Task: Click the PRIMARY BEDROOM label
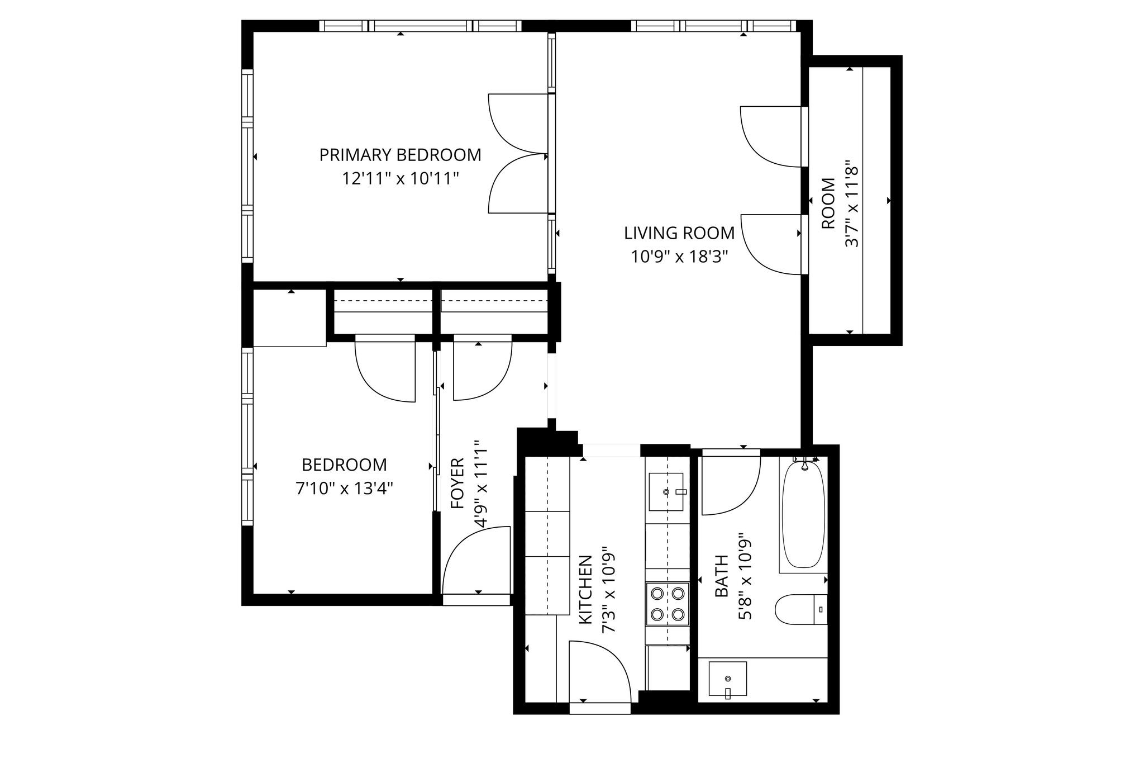(400, 155)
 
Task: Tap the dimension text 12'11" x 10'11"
(400, 179)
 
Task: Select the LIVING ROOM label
(679, 233)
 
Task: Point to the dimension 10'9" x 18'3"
(679, 257)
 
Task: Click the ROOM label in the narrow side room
(828, 203)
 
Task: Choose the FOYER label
(457, 483)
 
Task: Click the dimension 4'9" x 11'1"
(481, 483)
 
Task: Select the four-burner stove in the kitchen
(668, 604)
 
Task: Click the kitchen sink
(666, 492)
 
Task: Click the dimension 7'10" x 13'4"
(344, 489)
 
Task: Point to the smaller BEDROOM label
(344, 465)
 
